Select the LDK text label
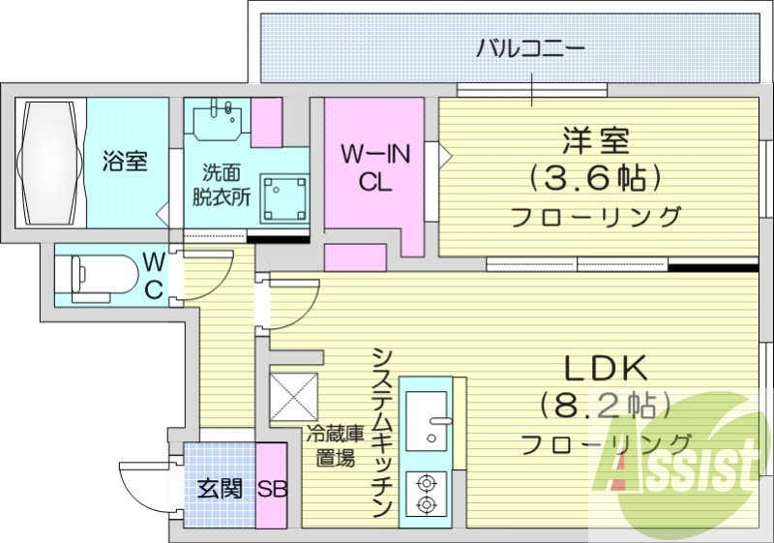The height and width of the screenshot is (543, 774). [606, 368]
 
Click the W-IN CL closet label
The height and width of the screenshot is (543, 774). [376, 167]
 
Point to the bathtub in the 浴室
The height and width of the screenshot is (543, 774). [49, 163]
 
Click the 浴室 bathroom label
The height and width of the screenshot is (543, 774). [125, 161]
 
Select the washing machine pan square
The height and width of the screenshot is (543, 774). [285, 199]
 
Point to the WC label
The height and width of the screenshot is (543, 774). [154, 276]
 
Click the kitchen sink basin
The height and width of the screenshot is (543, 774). [427, 421]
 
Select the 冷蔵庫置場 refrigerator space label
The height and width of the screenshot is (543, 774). [336, 446]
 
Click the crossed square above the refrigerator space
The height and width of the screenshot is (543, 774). [294, 398]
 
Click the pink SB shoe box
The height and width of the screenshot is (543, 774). [272, 488]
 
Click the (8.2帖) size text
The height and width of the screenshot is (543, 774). [606, 406]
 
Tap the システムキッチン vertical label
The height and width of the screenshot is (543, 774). [383, 433]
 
